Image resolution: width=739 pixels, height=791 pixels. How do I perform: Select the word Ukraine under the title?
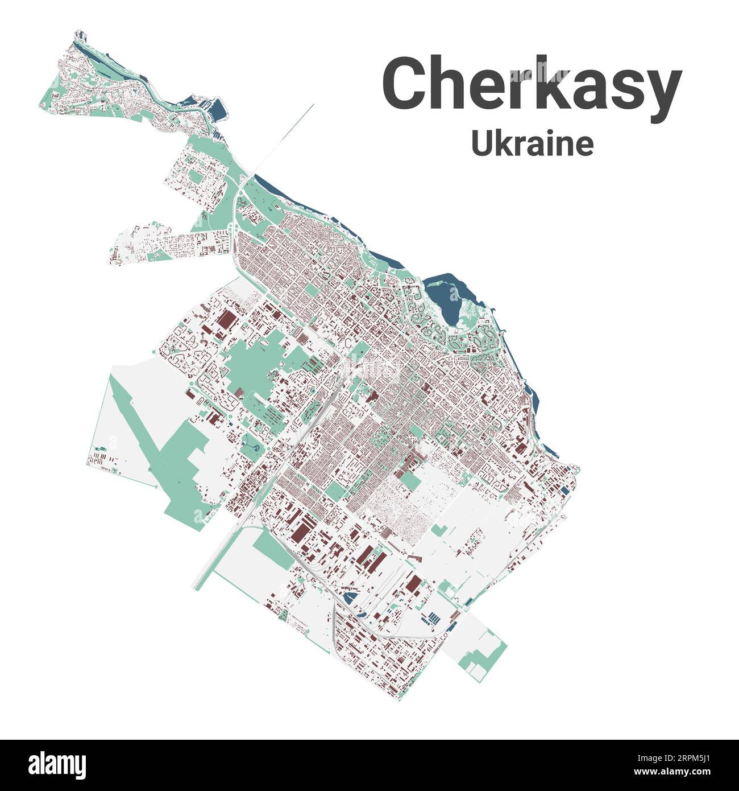coord(532,144)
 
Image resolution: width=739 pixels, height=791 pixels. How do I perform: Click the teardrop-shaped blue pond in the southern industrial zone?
coord(348,598)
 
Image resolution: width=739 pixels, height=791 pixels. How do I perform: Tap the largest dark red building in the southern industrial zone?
coord(301,529)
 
